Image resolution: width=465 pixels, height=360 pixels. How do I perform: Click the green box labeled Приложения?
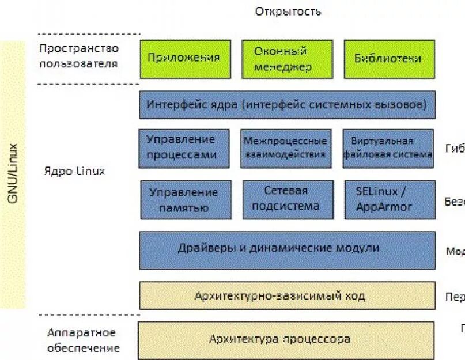coord(184,59)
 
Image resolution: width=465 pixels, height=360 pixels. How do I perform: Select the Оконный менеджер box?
coord(286,59)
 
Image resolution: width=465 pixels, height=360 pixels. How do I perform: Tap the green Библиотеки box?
coord(388,59)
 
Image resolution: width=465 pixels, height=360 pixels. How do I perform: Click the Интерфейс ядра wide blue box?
coord(287,105)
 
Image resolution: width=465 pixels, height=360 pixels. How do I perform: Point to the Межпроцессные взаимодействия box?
coord(286,148)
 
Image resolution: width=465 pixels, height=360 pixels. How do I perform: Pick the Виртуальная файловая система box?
coord(388,148)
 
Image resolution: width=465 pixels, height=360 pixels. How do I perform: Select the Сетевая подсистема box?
coord(288,199)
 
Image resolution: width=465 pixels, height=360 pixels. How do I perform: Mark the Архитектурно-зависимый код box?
coord(287,295)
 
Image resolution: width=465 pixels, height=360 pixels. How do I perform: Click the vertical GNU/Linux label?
coord(13,173)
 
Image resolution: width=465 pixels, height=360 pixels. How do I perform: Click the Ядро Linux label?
coord(75,172)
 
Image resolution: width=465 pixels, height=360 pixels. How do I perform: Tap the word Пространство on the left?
coord(79,49)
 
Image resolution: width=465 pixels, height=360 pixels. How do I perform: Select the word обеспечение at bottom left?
coord(84,348)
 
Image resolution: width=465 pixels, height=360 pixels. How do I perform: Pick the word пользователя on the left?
coord(78,63)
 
